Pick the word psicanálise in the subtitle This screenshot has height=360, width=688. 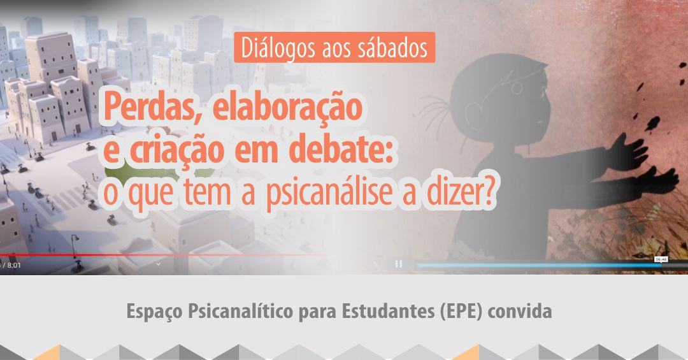tap(329, 192)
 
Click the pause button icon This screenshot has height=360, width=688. tap(398, 264)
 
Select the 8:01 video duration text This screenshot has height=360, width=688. tap(14, 265)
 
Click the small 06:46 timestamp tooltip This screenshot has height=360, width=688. tap(661, 259)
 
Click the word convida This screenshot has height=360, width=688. tap(520, 312)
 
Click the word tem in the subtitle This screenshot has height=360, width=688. tap(208, 192)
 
